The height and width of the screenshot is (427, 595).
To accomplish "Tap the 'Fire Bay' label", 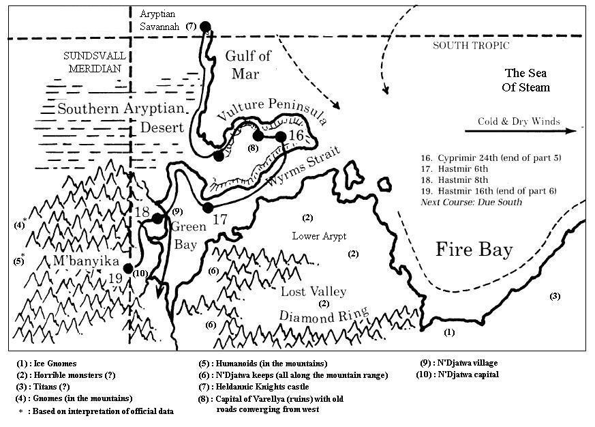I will coord(474,250).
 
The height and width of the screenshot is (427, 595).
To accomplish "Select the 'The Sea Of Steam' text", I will coord(527,80).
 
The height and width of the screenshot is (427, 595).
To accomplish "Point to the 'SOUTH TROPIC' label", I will coord(471,46).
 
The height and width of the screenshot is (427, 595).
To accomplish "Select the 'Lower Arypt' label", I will coord(319,236).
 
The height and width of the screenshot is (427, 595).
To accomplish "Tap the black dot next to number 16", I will coord(280,136).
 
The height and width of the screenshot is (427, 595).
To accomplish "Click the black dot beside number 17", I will coord(208,207).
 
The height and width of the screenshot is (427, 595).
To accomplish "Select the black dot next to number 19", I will coord(128,268).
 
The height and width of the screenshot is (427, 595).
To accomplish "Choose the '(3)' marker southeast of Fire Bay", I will coord(555,296).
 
